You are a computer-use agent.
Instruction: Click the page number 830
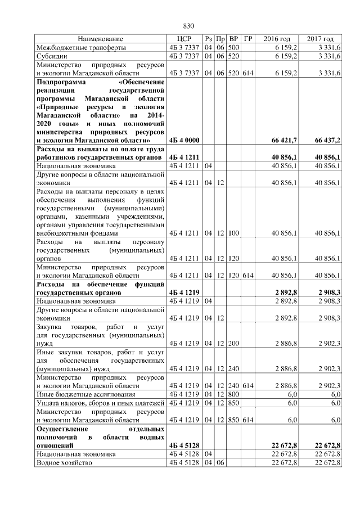188,26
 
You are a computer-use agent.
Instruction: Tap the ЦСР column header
184,39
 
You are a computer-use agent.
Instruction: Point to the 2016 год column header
277,39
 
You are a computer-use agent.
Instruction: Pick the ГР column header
249,39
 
